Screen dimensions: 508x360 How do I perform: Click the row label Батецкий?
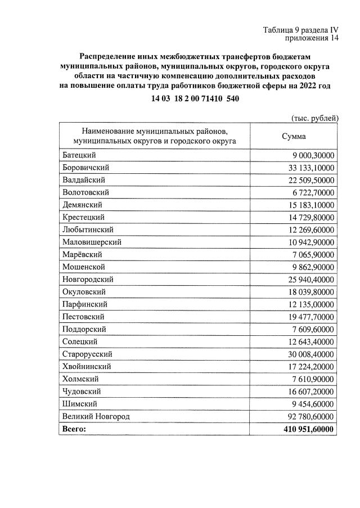point(78,155)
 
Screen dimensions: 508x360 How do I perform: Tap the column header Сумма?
point(294,137)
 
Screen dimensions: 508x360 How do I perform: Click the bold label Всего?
point(74,429)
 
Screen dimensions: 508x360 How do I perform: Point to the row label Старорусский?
point(87,354)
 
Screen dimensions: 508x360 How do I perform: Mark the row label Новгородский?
point(88,280)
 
